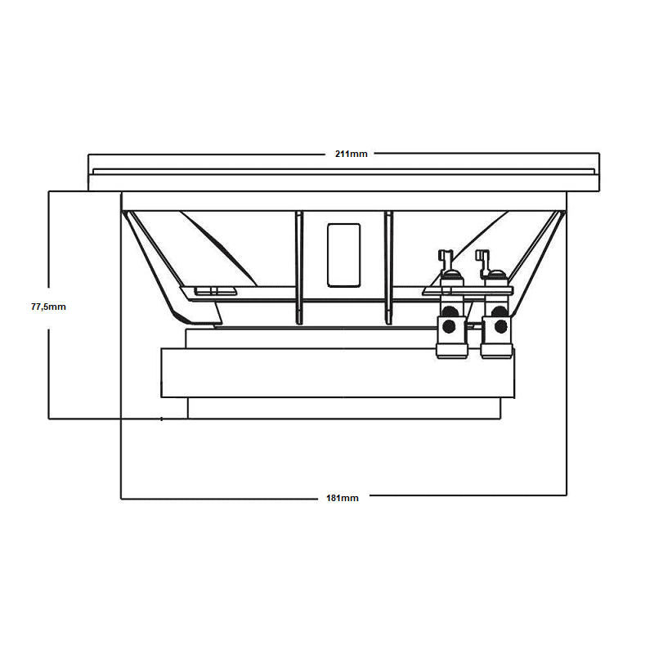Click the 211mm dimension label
[x=352, y=154]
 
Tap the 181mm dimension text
[x=342, y=498]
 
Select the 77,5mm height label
[x=48, y=307]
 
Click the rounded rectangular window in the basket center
[x=343, y=255]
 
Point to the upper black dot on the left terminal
[x=449, y=311]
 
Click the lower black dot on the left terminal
[x=449, y=326]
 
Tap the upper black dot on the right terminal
[x=499, y=311]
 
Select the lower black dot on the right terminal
[x=500, y=326]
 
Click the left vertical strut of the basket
[x=299, y=267]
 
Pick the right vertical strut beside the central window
[x=389, y=267]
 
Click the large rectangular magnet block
[x=338, y=373]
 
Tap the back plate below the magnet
[x=344, y=408]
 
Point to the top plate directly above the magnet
[x=311, y=338]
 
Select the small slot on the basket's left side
[x=215, y=291]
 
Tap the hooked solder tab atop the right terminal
[x=483, y=260]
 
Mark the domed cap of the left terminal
[x=451, y=275]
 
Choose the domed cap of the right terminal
[x=497, y=275]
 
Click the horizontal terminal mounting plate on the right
[x=468, y=291]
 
